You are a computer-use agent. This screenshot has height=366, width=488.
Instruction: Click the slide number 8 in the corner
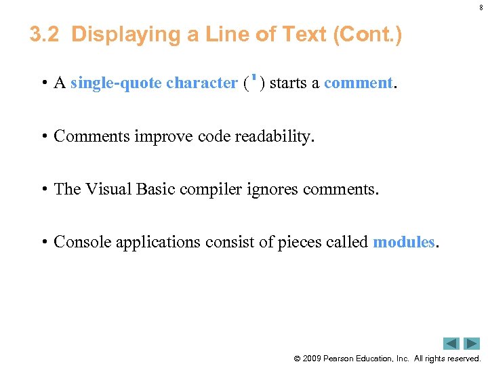481,7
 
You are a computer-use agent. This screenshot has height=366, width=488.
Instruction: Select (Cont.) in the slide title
366,35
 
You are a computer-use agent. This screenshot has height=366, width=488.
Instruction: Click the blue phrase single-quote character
154,83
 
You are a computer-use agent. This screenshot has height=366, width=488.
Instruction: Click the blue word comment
358,83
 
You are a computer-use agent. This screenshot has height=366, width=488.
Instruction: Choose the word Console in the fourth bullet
82,242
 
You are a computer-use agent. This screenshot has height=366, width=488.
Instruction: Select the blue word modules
403,242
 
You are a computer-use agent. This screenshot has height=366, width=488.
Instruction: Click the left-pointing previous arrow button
451,344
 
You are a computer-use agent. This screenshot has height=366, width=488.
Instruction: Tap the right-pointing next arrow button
472,344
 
